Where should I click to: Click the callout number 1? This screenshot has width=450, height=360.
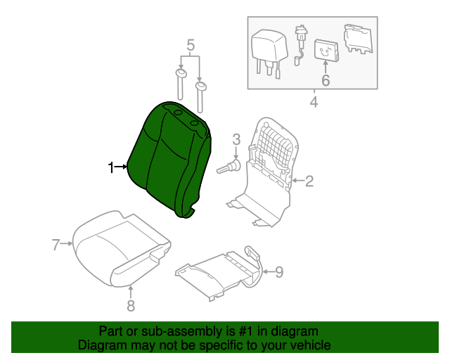[x=110, y=167]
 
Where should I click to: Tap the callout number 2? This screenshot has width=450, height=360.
[x=309, y=181]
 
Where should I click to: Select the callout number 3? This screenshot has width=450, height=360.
[x=236, y=139]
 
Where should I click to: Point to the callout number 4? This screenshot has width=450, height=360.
[x=314, y=103]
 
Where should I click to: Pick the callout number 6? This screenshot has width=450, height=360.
[x=325, y=81]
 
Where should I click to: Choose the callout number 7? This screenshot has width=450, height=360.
[x=56, y=245]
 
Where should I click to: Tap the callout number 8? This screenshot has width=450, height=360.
[x=131, y=305]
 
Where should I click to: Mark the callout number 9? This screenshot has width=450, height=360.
[x=278, y=271]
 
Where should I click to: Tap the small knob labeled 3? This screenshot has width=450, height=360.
[x=231, y=167]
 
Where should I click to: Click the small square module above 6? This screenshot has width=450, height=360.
[x=325, y=50]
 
